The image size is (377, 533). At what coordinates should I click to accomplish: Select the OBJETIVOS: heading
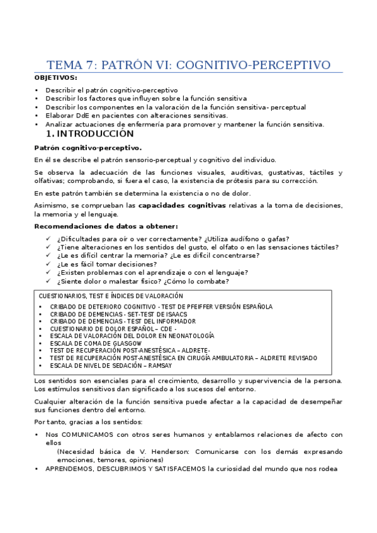click(56, 78)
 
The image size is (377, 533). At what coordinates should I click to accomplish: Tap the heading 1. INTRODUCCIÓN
click(90, 134)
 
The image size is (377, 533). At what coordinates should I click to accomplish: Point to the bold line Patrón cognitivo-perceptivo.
click(79, 148)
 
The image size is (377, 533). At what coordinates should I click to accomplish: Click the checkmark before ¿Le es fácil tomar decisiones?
click(49, 264)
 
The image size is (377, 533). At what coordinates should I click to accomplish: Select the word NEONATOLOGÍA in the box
click(189, 336)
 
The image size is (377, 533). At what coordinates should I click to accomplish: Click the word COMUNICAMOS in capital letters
click(84, 434)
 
